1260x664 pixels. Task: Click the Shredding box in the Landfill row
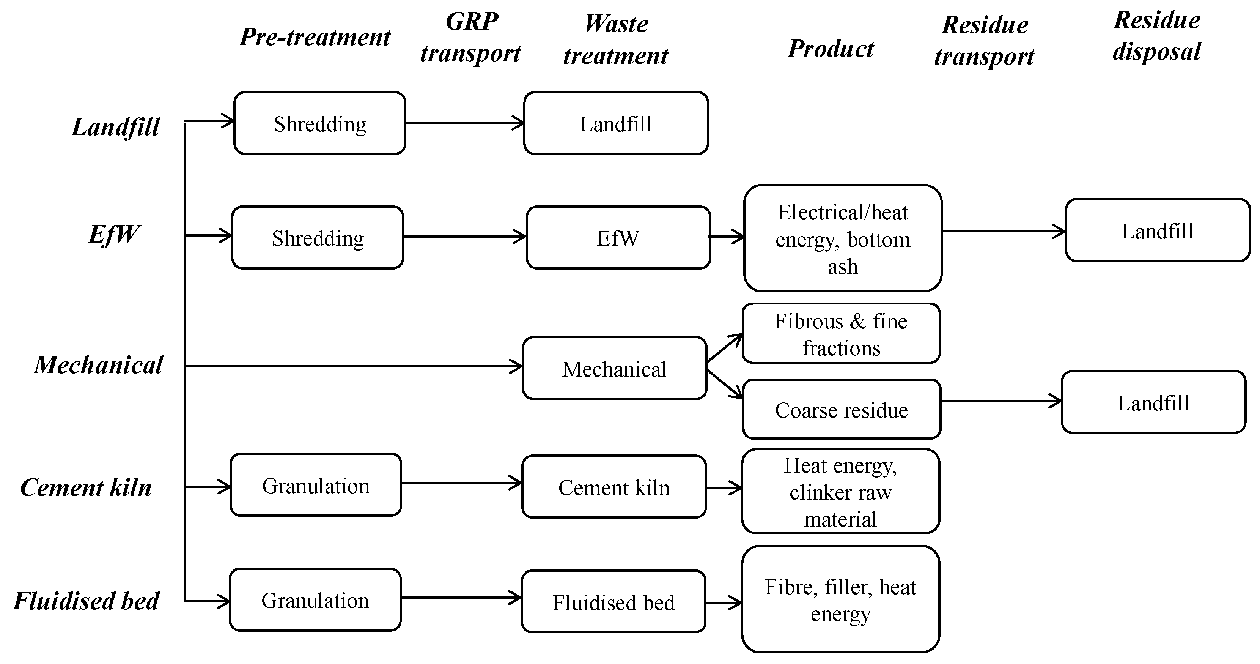pos(319,123)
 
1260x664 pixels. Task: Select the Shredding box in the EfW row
pos(318,237)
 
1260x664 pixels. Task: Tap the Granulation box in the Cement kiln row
pos(316,485)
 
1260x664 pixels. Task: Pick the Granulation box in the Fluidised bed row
pos(315,600)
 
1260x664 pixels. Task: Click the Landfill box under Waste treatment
pos(616,123)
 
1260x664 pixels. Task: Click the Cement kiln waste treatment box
pos(614,487)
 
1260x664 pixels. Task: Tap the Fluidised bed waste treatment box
pos(613,601)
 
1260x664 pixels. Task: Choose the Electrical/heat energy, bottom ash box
pos(843,238)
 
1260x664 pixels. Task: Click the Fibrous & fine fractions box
pos(841,333)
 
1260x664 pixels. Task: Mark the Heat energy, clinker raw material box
pos(840,491)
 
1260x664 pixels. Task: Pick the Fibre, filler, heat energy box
pos(840,599)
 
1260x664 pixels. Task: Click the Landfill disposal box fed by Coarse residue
pos(1153,402)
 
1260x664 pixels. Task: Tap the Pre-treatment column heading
pos(315,37)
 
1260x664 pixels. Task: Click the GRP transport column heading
pos(470,37)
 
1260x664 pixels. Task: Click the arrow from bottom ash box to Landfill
pos(1003,232)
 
